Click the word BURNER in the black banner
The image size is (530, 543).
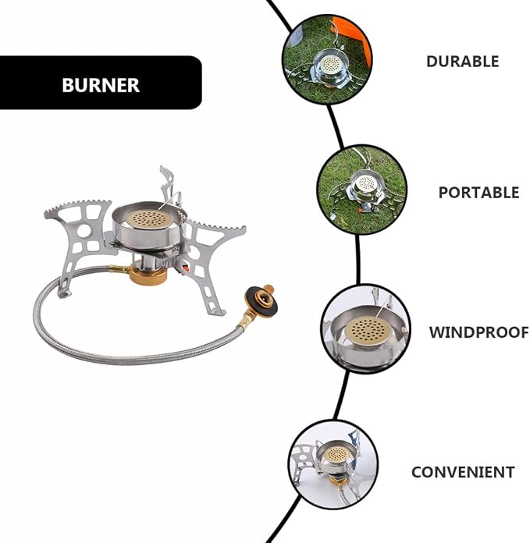[x=101, y=85]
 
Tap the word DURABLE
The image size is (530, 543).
[x=462, y=62]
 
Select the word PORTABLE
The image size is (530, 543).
[x=478, y=193]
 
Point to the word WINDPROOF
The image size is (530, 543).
[x=478, y=332]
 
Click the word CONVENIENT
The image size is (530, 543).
[x=463, y=472]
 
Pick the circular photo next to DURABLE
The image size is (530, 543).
[x=327, y=59]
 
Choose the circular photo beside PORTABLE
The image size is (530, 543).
[x=361, y=190]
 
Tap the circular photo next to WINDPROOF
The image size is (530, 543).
[x=365, y=329]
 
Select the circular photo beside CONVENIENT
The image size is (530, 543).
[x=333, y=465]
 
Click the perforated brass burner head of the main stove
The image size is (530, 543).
[x=149, y=219]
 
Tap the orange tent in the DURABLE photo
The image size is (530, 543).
[x=354, y=38]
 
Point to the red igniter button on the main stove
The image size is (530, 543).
[x=185, y=268]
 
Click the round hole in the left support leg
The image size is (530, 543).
[x=84, y=232]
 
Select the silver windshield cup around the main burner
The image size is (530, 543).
[x=148, y=227]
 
